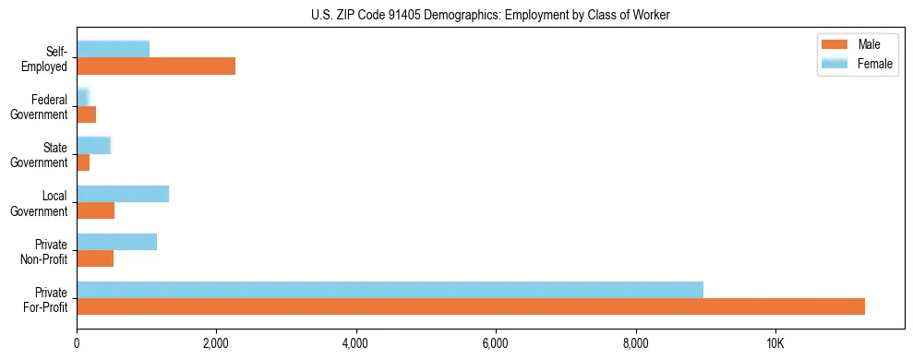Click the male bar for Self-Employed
156,66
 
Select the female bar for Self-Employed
113,49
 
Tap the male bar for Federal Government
86,114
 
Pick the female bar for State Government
93,145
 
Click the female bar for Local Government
123,193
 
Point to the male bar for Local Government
95,210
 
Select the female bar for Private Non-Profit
116,242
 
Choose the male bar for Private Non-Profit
95,258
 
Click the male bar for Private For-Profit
471,306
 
